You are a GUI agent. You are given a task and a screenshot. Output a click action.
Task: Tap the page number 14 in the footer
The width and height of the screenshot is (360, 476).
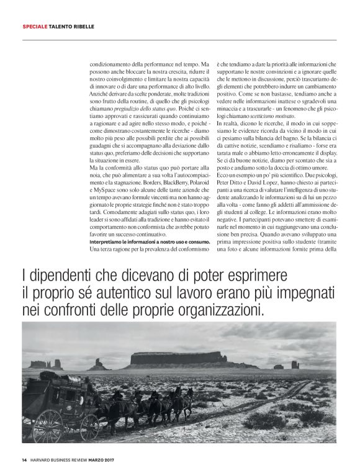(24, 460)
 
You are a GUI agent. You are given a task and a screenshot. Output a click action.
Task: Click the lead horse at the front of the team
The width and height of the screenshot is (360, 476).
(184, 398)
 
